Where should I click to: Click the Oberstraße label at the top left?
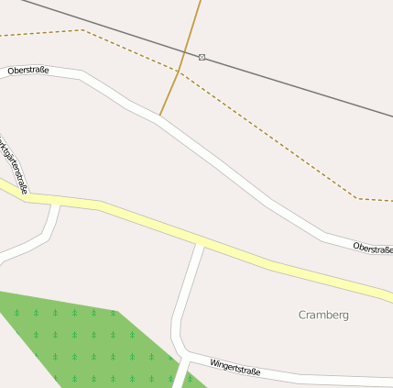point(27,70)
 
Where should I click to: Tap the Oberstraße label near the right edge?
point(372,248)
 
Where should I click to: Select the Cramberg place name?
point(323,315)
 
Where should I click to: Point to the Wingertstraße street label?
point(235,368)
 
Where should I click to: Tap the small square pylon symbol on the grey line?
point(202,57)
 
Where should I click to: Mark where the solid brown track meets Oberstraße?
point(160,116)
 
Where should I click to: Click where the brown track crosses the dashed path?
point(180,72)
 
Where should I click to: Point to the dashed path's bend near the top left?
point(82,30)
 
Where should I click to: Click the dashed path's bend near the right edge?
point(355,197)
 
